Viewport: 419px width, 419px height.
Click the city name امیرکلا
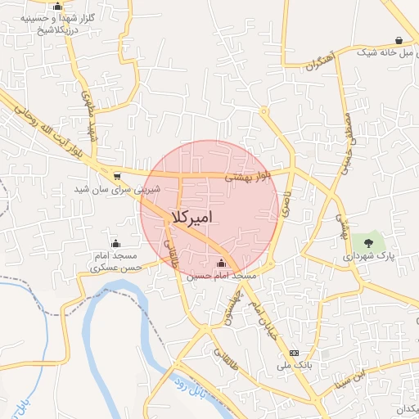click(191, 218)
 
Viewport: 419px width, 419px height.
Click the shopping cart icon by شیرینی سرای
click(117, 175)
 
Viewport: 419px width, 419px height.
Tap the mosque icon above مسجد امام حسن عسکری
click(115, 243)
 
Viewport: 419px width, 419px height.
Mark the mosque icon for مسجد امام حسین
click(221, 263)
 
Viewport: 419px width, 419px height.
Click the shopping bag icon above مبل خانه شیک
click(399, 40)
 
